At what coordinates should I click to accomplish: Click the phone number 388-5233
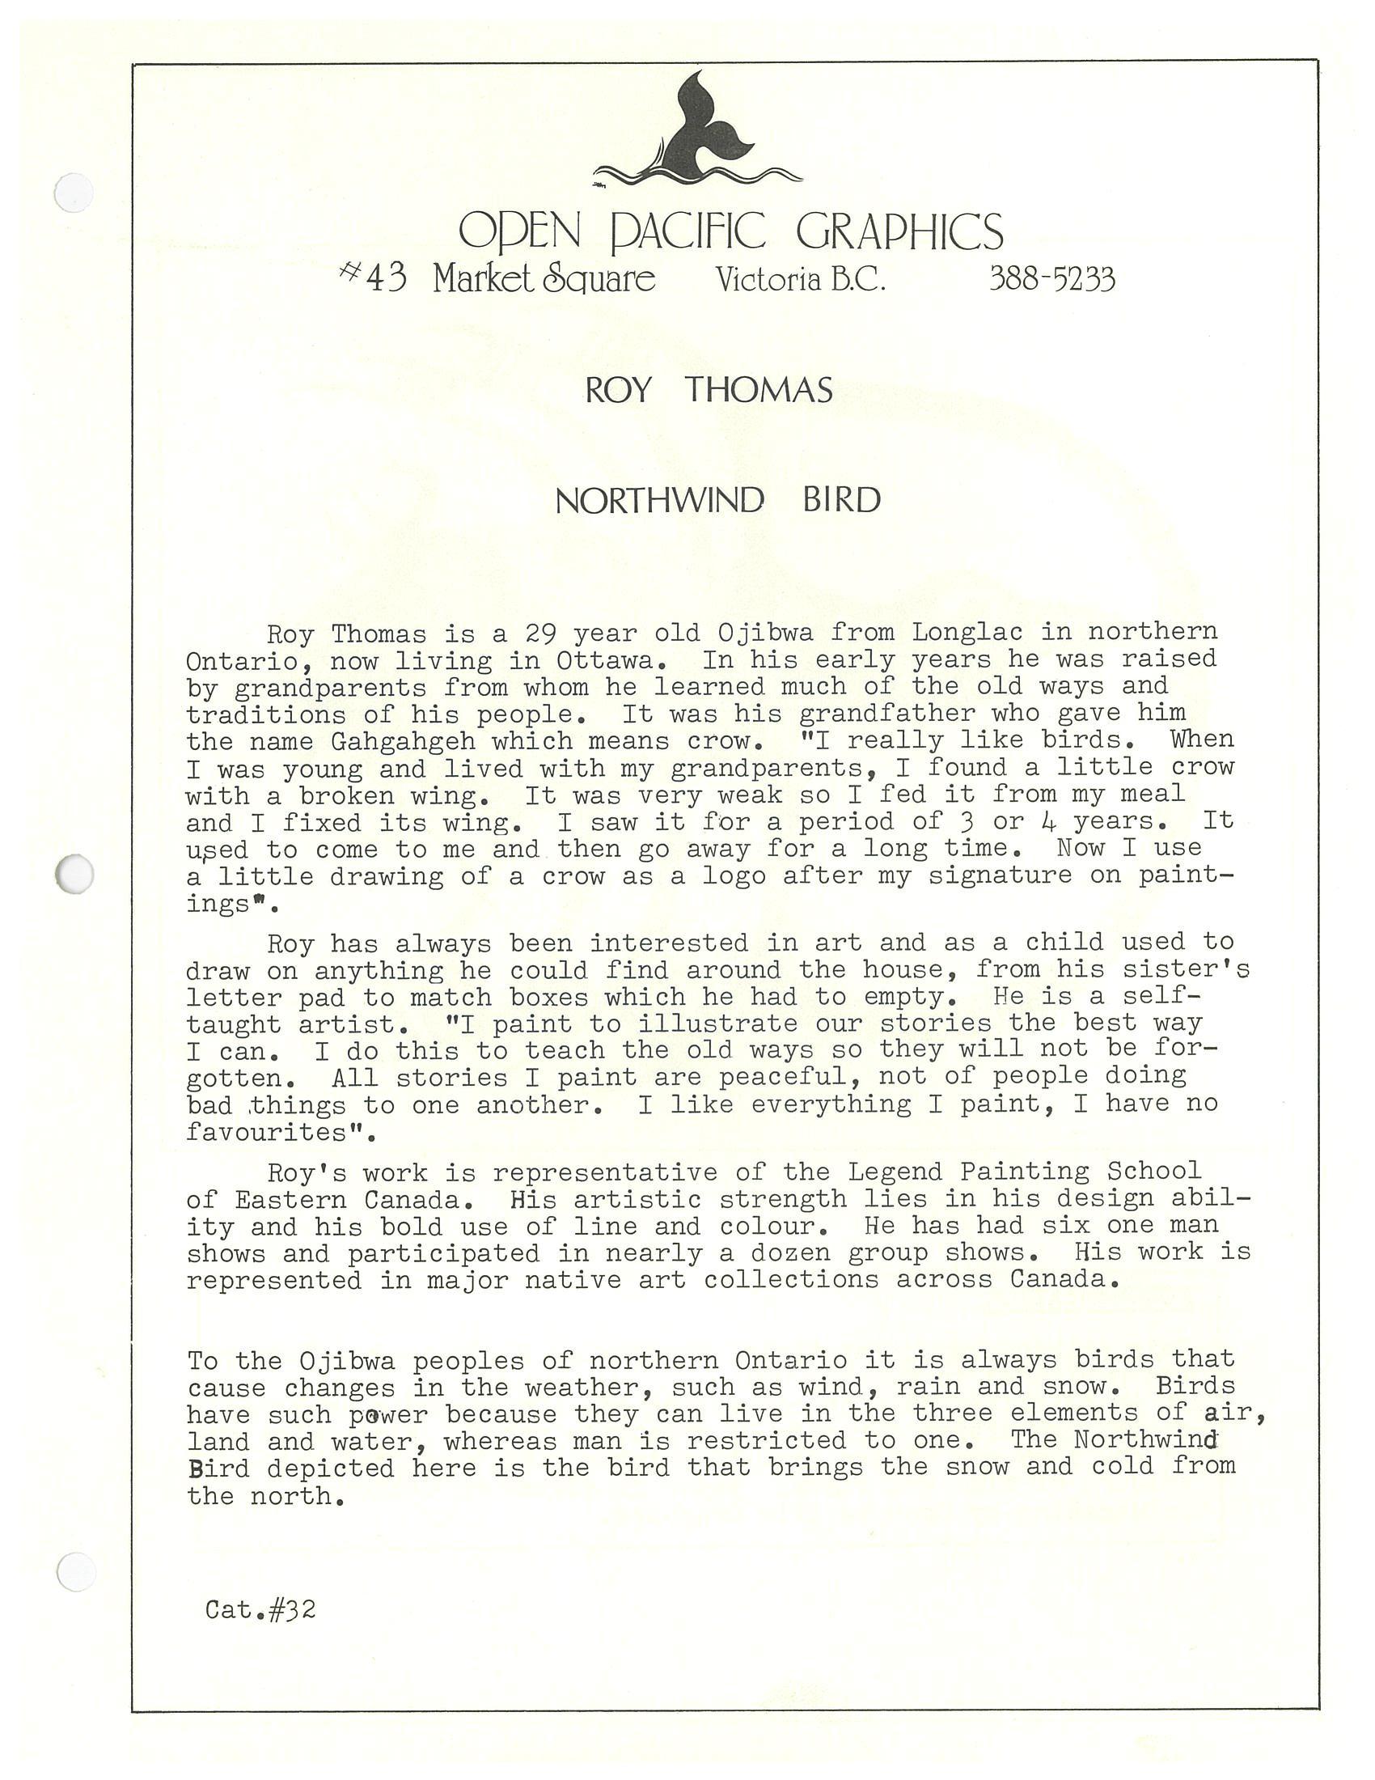[1051, 280]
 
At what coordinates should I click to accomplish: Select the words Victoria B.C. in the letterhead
[801, 280]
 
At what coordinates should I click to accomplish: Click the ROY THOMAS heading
[709, 391]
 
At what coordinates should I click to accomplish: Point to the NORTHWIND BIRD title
[717, 499]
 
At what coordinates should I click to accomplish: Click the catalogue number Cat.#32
[260, 1609]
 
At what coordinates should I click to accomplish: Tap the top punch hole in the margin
[74, 193]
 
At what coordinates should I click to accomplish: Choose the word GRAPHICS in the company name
[900, 231]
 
